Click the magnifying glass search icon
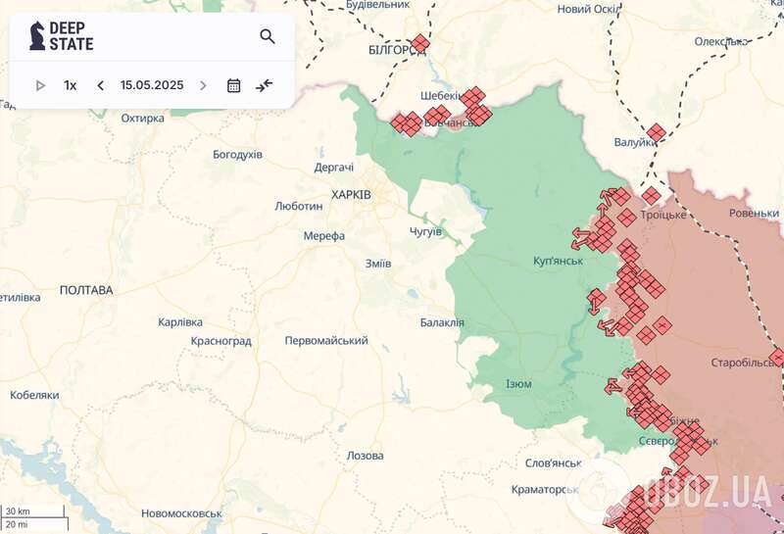coord(268,37)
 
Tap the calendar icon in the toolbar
coord(233,85)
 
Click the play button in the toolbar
coord(40,85)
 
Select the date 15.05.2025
coord(152,85)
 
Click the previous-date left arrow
coord(100,85)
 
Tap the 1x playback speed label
coord(71,85)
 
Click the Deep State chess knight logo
coord(37,36)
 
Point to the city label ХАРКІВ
coord(351,195)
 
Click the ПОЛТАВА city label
coord(86,290)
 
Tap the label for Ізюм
coord(518,383)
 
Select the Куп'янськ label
coord(558,261)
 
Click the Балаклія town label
coord(442,322)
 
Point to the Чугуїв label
coord(426,231)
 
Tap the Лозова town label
coord(366,456)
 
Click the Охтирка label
coord(142,119)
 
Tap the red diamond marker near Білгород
coord(419,43)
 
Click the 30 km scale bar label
coord(18,511)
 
